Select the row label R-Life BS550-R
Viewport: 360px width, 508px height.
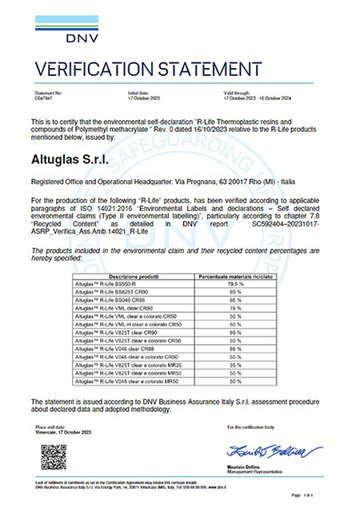click(113, 283)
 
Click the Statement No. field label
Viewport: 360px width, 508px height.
click(47, 93)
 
